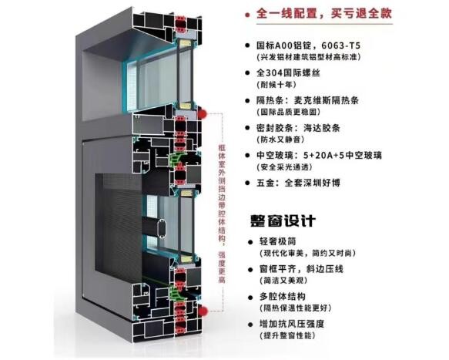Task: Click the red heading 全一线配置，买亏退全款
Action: point(324,13)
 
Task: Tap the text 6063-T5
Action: point(341,45)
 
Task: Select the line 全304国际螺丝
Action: point(288,72)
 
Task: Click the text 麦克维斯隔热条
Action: point(327,100)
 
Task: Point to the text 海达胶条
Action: point(322,128)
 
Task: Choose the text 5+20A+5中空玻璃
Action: point(343,156)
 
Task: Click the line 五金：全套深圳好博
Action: point(298,183)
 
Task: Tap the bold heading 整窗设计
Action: point(283,220)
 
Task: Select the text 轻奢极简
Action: point(277,241)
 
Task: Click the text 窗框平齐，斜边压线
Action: point(301,269)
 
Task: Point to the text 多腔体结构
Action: point(283,296)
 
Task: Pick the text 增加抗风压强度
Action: point(292,324)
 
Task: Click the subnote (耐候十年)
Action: point(276,85)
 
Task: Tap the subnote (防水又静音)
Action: point(280,140)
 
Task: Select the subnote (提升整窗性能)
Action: point(287,335)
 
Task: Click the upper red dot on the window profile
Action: point(203,113)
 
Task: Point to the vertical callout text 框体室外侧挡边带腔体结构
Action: point(222,193)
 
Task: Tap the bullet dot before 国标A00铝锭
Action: point(247,45)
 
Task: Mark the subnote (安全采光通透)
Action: point(284,167)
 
